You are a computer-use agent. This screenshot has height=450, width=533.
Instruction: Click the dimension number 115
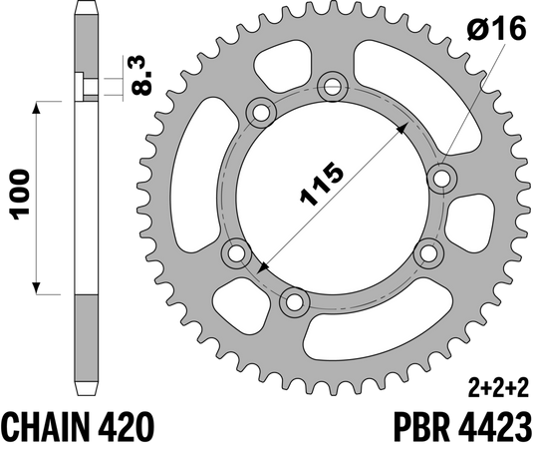(324, 183)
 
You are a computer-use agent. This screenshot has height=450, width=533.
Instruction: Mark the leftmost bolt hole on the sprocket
(237, 253)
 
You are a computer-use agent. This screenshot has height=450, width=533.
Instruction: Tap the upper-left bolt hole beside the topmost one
(262, 113)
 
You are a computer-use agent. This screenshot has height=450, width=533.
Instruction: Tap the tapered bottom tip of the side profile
(89, 389)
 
